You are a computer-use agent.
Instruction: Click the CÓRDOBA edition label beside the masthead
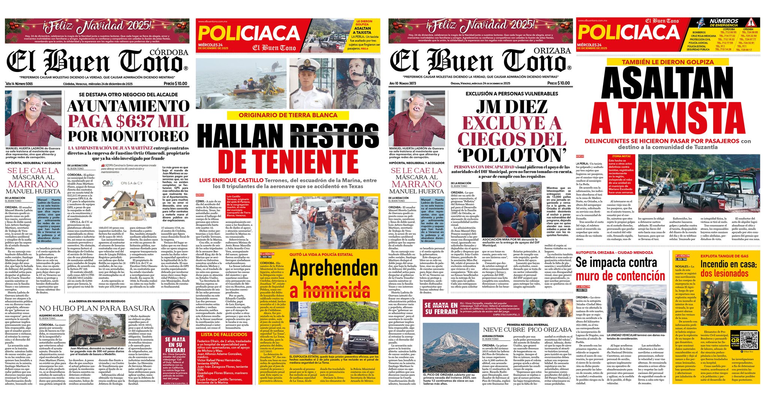click(x=169, y=52)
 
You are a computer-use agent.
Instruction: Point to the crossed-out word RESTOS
click(x=335, y=135)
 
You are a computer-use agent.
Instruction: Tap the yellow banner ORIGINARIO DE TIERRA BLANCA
click(x=288, y=115)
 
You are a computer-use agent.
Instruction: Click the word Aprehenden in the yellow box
click(x=334, y=268)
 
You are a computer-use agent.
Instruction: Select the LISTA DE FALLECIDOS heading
click(x=224, y=334)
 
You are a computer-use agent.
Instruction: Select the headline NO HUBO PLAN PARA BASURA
click(x=97, y=308)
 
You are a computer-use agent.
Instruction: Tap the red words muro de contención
click(x=619, y=276)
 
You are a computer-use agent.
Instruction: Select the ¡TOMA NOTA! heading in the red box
click(x=621, y=156)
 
